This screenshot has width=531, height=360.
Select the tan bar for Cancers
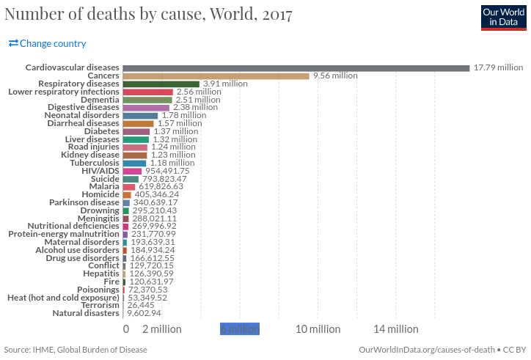[x=216, y=76]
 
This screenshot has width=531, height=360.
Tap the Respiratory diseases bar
[x=161, y=84]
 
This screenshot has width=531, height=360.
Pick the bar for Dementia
[x=147, y=100]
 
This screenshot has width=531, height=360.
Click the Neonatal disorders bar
[x=140, y=116]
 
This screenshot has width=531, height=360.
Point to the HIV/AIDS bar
[x=132, y=171]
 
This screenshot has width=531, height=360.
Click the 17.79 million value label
[x=498, y=67]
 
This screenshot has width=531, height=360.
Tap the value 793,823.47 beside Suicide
[x=164, y=179]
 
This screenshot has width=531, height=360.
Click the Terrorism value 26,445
[x=142, y=305]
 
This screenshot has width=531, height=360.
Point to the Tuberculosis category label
[x=90, y=163]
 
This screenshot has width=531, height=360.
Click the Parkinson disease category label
[x=84, y=202]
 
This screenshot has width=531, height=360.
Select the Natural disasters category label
[x=86, y=313]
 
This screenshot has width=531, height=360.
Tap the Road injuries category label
[x=94, y=147]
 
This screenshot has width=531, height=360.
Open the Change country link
[x=48, y=43]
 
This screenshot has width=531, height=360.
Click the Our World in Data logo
[x=503, y=18]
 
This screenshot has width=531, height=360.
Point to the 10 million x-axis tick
[x=318, y=329]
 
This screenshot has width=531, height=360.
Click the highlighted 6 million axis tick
[x=240, y=329]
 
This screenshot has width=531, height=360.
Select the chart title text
[x=149, y=15]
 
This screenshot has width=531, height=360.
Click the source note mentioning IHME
[x=76, y=350]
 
